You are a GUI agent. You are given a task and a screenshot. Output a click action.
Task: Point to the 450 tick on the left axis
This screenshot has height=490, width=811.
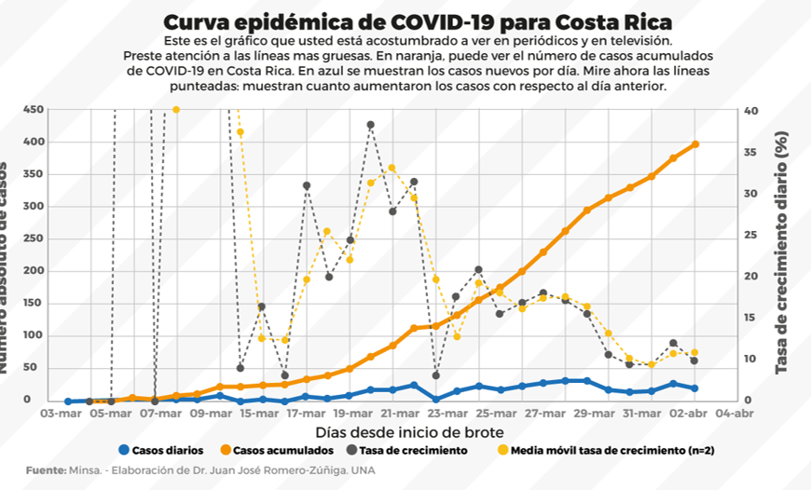[33, 109]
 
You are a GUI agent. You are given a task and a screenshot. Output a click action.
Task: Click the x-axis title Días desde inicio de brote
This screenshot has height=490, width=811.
[410, 431]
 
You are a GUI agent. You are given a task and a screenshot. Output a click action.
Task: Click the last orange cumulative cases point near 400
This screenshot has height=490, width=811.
[695, 144]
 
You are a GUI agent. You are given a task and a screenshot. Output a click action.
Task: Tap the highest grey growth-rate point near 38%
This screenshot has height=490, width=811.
[370, 125]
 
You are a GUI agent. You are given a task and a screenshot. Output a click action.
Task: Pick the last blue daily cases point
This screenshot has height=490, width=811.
[695, 388]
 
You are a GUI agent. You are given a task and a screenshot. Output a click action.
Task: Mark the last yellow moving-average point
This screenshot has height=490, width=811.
[695, 353]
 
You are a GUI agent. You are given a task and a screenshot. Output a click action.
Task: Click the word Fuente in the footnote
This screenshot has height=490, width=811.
[45, 470]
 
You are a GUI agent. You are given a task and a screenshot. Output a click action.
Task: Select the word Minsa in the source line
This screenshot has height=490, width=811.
[87, 470]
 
